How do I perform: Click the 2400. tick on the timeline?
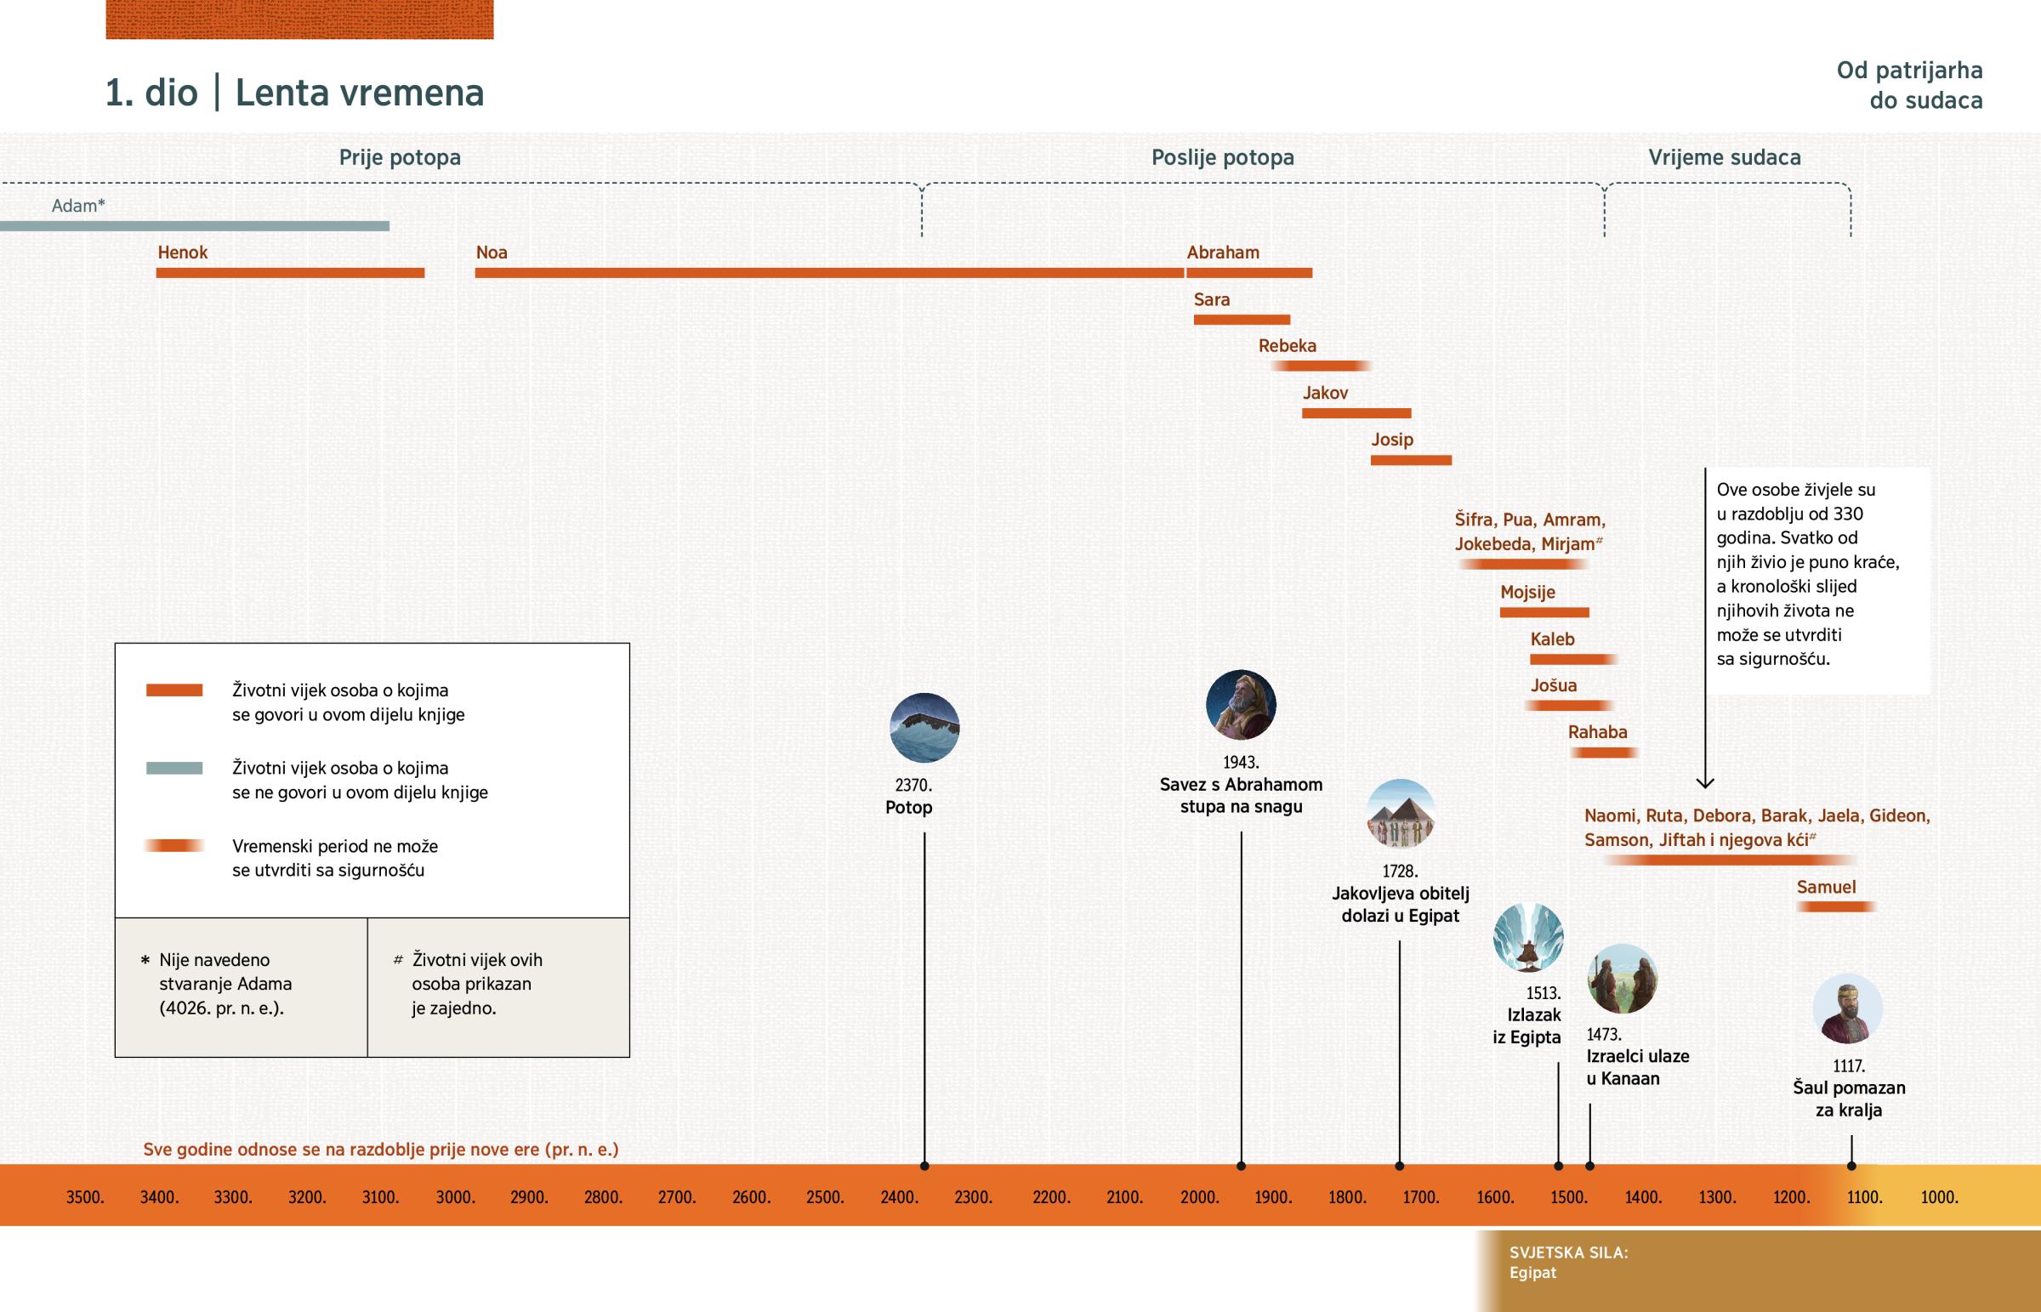click(899, 1197)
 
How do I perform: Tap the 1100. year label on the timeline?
click(1864, 1197)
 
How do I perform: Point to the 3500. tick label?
click(85, 1197)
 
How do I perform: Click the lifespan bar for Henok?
click(290, 273)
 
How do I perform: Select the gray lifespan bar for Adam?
click(194, 226)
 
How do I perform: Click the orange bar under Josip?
click(1411, 460)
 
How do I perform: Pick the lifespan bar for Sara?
click(1241, 320)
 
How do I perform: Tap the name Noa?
click(492, 253)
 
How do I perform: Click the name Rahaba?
click(1597, 732)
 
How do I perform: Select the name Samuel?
click(1826, 887)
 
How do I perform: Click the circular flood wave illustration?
click(924, 728)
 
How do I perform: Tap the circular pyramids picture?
click(1401, 814)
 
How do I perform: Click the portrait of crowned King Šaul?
click(1847, 1008)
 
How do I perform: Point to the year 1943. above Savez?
click(1240, 762)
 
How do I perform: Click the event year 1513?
click(1543, 992)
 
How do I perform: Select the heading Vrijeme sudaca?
click(1724, 157)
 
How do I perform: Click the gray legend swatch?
click(173, 768)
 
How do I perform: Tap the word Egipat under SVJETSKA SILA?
click(1532, 1273)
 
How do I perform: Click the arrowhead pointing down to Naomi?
click(1704, 781)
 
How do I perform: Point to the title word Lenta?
click(282, 93)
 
